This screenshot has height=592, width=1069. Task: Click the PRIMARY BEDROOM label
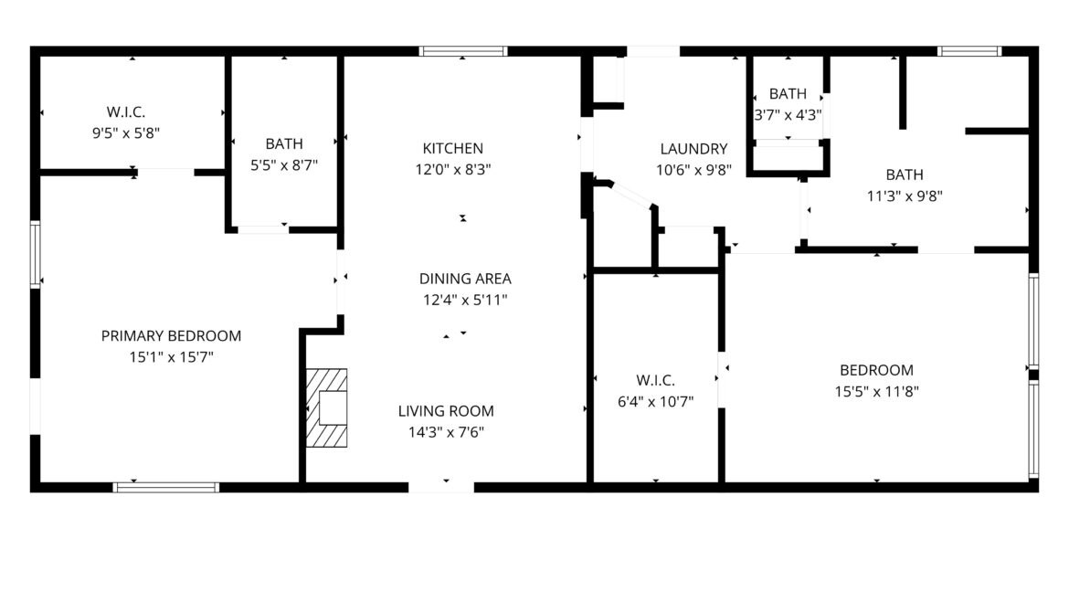click(171, 335)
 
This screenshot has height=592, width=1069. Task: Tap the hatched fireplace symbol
click(326, 407)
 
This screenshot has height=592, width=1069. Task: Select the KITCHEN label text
click(452, 148)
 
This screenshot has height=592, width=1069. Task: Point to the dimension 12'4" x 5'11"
click(465, 300)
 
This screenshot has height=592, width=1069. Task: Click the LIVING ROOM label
click(446, 410)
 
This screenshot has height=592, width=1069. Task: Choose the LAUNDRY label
click(693, 149)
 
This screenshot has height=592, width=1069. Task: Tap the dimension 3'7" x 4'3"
click(788, 114)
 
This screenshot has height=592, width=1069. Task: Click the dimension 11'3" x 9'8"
click(905, 196)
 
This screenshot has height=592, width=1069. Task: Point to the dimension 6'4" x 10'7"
click(655, 402)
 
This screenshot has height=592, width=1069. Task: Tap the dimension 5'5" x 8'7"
click(283, 165)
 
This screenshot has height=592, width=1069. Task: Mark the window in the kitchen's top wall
click(463, 51)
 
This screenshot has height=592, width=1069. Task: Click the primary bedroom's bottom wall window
click(165, 487)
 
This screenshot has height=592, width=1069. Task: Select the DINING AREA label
click(465, 279)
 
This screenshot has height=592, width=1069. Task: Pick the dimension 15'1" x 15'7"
click(171, 356)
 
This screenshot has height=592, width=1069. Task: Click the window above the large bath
click(968, 51)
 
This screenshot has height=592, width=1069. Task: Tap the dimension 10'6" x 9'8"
click(693, 170)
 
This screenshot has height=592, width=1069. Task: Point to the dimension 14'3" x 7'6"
click(446, 432)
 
